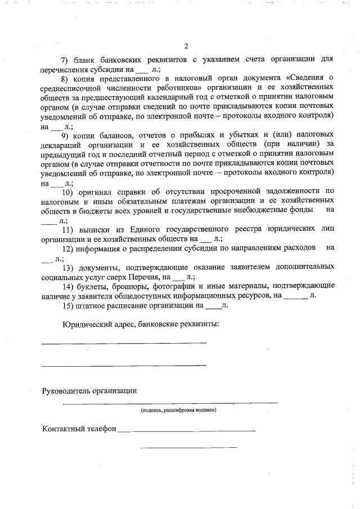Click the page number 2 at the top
186,46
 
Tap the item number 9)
65,136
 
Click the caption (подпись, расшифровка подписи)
179,411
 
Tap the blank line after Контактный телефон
186,431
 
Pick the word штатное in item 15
96,305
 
